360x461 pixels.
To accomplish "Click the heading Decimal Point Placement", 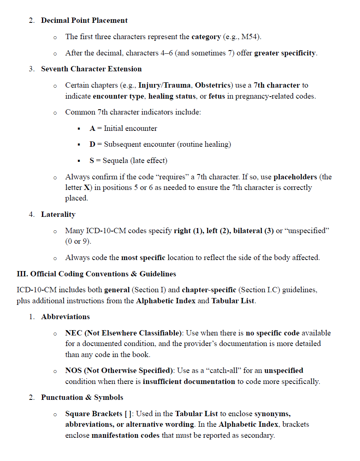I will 84,20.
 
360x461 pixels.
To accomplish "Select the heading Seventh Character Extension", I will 91,69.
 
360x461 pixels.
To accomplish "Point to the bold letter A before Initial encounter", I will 93,128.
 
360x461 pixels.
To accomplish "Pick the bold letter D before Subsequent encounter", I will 93,144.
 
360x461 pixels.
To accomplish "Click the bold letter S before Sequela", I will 92,161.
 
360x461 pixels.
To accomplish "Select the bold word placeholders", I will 295,177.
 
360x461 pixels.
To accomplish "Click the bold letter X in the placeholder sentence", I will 86,187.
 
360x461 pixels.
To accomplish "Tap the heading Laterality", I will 58,214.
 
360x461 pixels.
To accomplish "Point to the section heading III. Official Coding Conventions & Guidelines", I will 96,274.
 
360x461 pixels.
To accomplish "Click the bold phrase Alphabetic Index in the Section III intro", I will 161,301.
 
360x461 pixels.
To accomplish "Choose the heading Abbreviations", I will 65,317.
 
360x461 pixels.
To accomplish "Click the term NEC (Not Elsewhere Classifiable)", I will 124,333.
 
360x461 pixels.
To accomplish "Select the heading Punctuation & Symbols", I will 82,397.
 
